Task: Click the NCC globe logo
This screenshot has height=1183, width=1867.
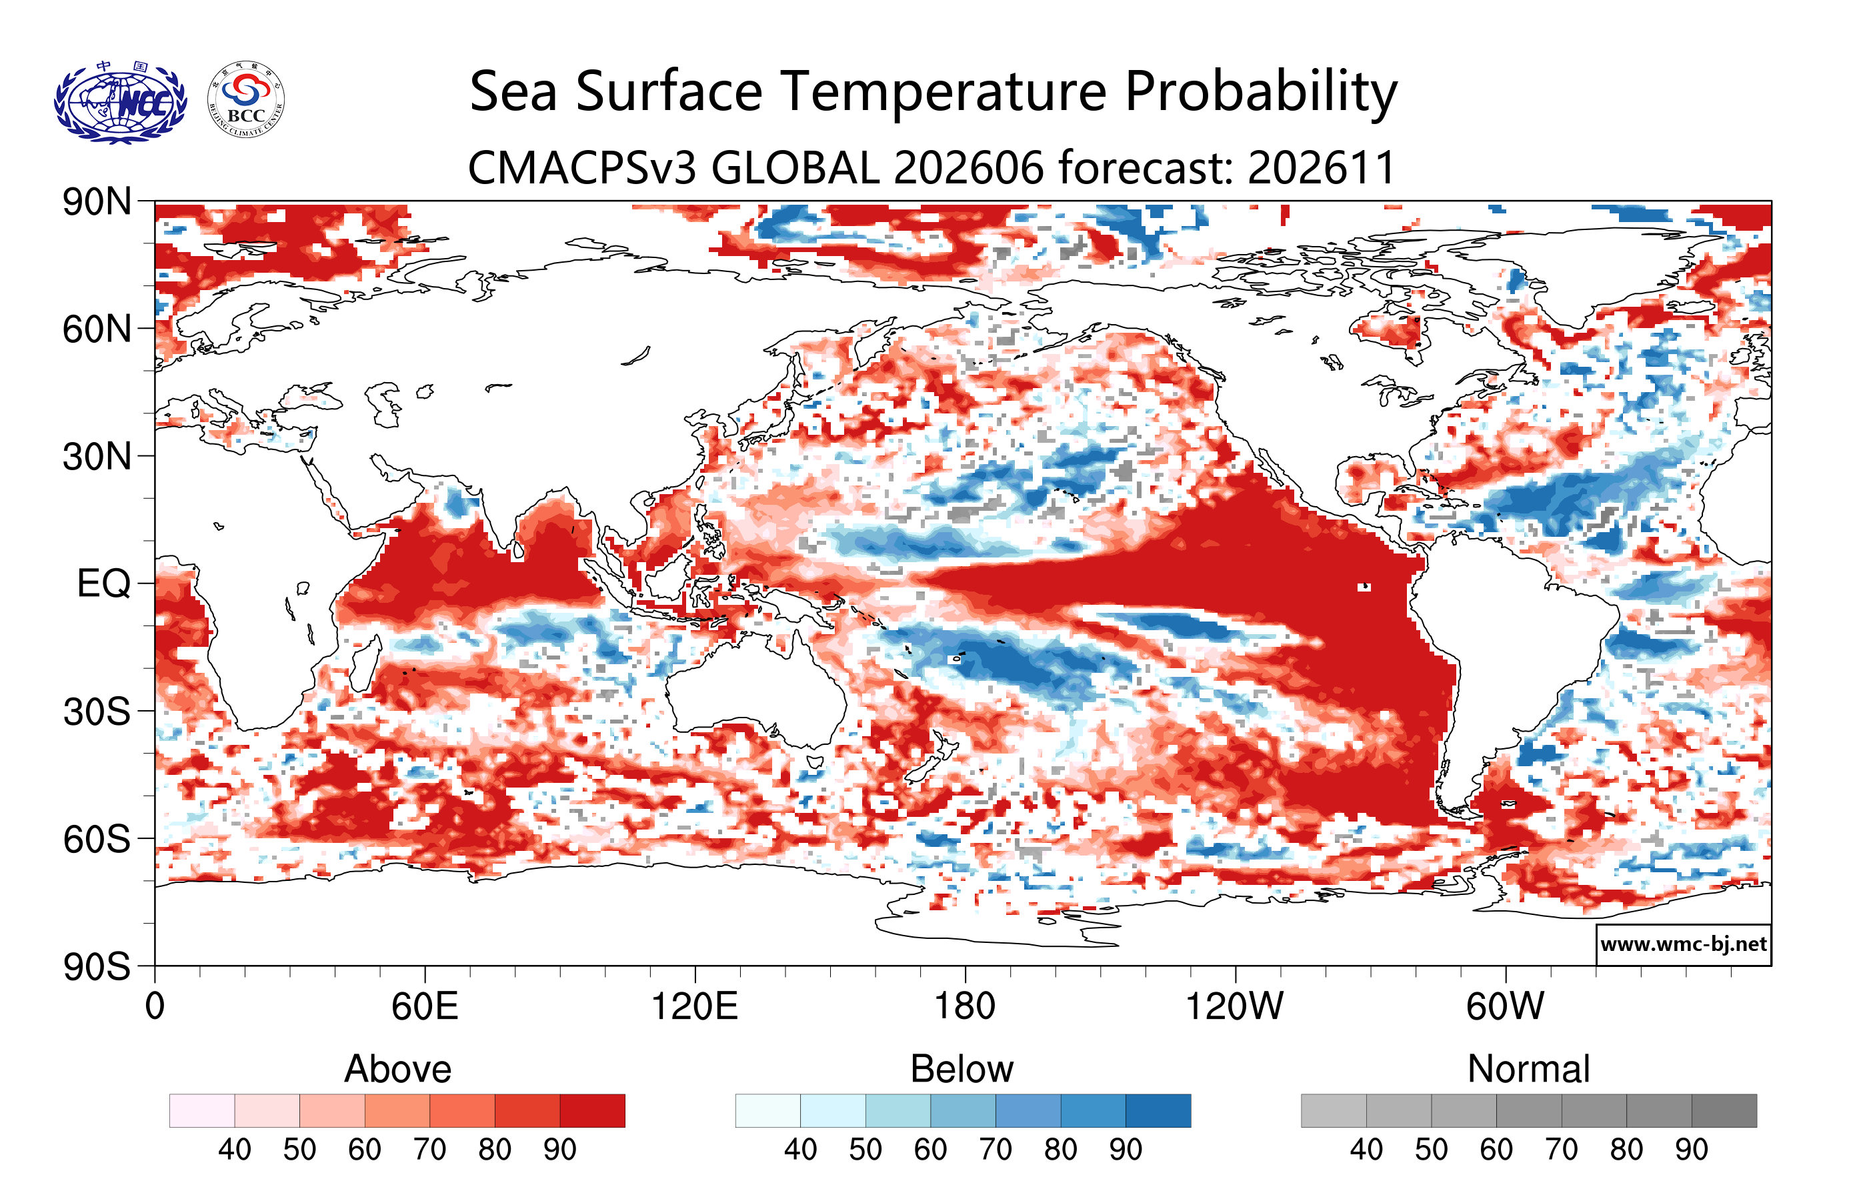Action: click(x=120, y=101)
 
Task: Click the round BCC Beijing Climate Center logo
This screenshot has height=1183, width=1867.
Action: click(x=246, y=100)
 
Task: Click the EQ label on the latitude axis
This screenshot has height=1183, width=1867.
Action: click(x=104, y=583)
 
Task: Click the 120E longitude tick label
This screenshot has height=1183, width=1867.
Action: click(x=694, y=1006)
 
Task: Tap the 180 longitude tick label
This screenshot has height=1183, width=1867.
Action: click(x=965, y=1006)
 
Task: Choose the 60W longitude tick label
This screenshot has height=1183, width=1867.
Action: click(x=1505, y=1006)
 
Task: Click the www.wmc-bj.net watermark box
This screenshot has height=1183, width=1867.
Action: click(x=1683, y=944)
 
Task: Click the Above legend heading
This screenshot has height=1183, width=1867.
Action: click(x=398, y=1069)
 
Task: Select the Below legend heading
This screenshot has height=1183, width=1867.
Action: click(x=962, y=1069)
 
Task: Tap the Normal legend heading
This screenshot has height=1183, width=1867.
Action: click(x=1529, y=1069)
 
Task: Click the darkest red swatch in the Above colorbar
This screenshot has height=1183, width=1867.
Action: click(x=592, y=1110)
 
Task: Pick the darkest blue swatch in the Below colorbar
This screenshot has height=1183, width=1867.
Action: click(x=1158, y=1110)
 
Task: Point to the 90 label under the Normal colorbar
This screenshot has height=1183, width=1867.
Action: click(x=1691, y=1150)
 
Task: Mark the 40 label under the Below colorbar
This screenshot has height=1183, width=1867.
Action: click(x=800, y=1150)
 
